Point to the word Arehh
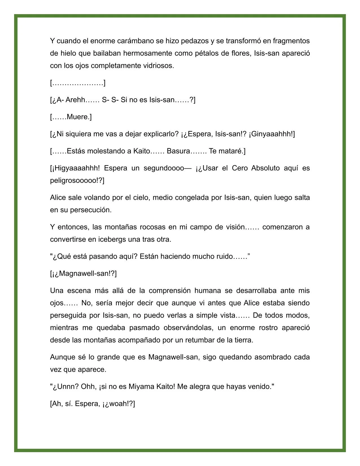[75, 100]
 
